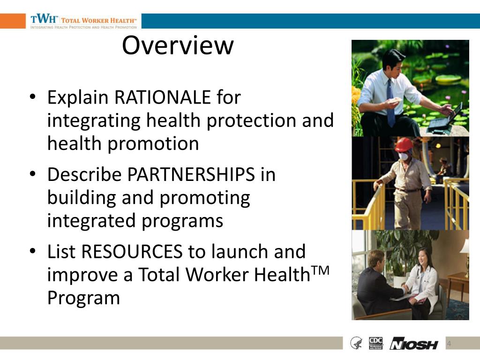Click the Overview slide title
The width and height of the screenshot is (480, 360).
(178, 45)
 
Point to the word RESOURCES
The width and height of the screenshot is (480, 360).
(132, 252)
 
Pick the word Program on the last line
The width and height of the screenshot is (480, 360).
(83, 298)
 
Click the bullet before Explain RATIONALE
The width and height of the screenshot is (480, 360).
(32, 97)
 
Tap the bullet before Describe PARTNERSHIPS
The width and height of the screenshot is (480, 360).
(32, 174)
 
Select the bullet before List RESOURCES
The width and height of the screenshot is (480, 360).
(32, 252)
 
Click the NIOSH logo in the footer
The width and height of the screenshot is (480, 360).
(414, 344)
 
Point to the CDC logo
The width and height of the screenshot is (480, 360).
(376, 343)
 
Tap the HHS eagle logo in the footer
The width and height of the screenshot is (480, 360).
(356, 343)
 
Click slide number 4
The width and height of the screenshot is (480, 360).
(449, 344)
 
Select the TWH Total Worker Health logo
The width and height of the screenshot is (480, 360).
(83, 21)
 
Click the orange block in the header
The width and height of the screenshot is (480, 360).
(13, 21)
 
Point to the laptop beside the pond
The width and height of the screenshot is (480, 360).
(445, 117)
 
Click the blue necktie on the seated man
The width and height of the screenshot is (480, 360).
(390, 103)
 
